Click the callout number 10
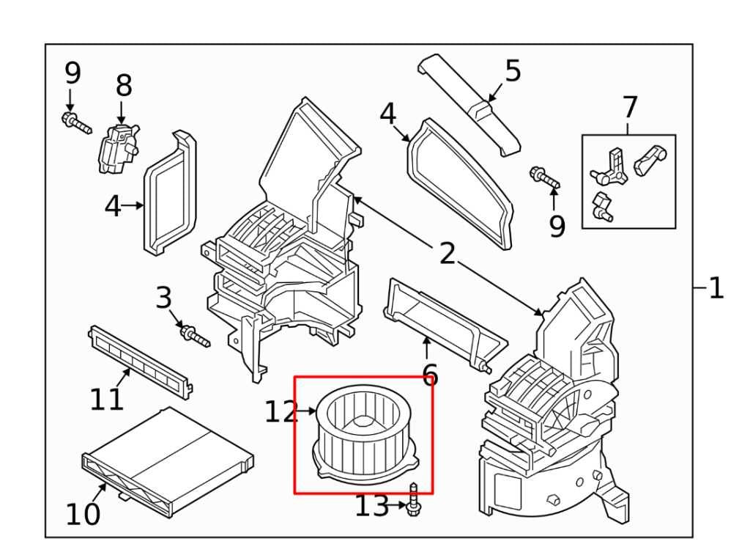tap(82, 514)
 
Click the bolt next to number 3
tap(194, 336)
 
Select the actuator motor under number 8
tap(116, 149)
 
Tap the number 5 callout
tap(513, 72)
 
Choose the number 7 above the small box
tap(630, 108)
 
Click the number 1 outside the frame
tap(716, 288)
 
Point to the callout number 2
tap(448, 254)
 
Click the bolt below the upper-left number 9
tap(76, 123)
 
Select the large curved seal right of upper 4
tap(460, 180)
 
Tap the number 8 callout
tap(124, 86)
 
